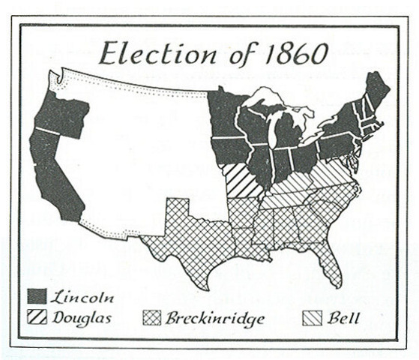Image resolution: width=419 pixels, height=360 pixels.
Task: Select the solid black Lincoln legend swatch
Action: (x=37, y=295)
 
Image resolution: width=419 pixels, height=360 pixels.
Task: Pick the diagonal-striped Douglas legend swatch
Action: (x=37, y=318)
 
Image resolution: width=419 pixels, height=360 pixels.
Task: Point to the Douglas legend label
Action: (x=82, y=318)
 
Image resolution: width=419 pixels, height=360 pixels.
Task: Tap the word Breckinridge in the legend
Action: (x=215, y=318)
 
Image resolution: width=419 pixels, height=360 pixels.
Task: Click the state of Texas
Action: (x=187, y=240)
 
